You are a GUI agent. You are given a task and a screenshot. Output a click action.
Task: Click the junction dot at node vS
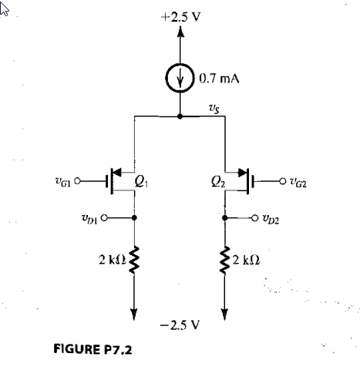tap(180, 117)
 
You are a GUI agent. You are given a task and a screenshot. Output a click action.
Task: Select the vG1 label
tap(67, 183)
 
